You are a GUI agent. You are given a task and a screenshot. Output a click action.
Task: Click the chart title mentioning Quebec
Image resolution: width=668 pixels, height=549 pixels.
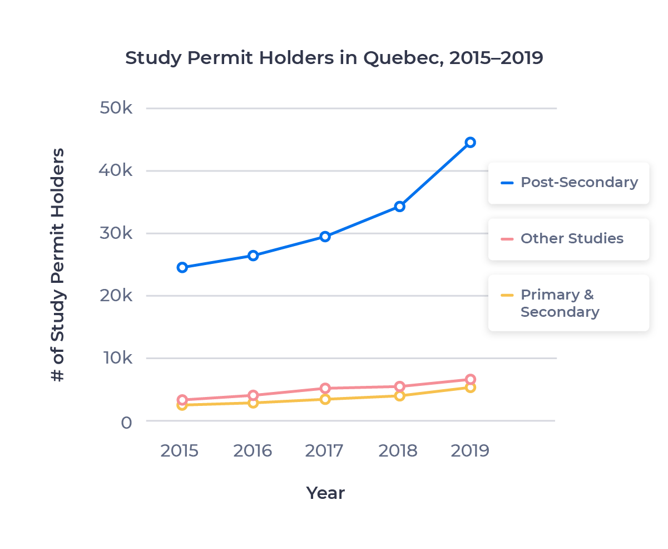[334, 58]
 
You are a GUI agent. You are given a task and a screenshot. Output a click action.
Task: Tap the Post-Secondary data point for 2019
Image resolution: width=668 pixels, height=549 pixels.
[470, 142]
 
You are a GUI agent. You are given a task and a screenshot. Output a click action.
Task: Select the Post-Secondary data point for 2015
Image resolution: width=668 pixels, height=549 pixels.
[182, 267]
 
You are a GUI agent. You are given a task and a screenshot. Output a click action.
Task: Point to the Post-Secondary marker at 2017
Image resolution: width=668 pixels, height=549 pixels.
[325, 237]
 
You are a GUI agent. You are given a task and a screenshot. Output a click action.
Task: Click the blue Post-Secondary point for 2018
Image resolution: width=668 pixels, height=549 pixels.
[399, 207]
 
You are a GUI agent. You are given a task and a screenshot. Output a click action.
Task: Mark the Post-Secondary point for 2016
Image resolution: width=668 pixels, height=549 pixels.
[253, 256]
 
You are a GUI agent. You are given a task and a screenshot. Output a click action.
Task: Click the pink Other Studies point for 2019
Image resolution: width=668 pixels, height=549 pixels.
[470, 380]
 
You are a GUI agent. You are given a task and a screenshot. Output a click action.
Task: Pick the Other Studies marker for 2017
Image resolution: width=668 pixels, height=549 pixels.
[325, 388]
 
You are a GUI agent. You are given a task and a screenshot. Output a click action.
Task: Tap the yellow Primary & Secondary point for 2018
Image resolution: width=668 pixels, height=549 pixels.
[399, 396]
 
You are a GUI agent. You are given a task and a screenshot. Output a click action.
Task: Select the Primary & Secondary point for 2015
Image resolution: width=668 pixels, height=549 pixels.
[182, 405]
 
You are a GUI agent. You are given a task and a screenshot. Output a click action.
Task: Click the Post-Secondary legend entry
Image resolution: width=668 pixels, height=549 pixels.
[568, 183]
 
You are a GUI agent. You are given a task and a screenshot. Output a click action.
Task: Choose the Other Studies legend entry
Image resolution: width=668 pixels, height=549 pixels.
[568, 239]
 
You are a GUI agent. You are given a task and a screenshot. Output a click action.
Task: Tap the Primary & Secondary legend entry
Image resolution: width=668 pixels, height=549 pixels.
[568, 303]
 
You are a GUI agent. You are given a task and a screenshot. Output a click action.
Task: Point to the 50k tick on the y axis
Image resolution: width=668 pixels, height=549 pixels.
[116, 108]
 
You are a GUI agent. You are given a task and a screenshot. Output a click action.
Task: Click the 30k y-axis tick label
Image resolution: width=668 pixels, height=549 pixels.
[116, 233]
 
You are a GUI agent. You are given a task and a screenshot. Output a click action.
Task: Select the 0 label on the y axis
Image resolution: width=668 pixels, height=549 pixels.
[126, 423]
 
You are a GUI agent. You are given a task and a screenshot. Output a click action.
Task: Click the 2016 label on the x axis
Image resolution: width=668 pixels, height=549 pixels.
[253, 450]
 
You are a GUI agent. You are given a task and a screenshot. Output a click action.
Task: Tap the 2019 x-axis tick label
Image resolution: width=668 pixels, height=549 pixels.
[470, 450]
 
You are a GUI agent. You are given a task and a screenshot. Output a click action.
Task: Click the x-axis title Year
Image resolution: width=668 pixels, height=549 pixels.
[325, 493]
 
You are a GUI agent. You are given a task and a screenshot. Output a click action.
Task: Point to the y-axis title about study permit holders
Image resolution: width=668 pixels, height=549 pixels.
[58, 264]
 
